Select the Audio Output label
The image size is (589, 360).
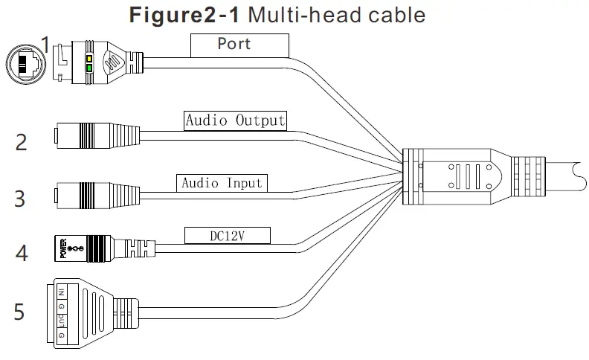click(235, 120)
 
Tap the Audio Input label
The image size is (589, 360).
click(222, 182)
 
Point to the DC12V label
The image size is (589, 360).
click(228, 236)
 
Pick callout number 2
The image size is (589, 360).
click(21, 141)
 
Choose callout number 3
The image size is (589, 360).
click(21, 199)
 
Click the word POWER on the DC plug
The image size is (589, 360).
click(63, 248)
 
